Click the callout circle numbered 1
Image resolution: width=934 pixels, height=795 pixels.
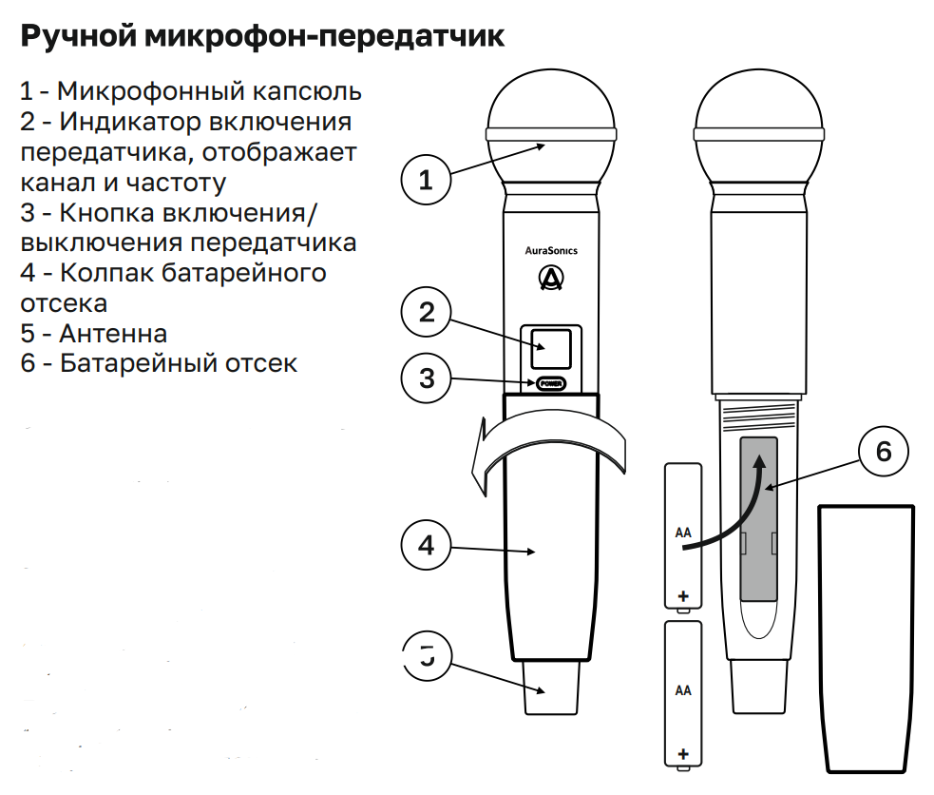click(x=426, y=178)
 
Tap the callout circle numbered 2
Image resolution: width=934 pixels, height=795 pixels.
click(x=426, y=311)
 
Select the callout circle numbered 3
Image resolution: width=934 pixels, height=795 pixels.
click(x=426, y=378)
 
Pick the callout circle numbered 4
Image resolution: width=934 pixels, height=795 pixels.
click(x=426, y=545)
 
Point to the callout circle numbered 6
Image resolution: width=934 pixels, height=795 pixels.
click(x=884, y=452)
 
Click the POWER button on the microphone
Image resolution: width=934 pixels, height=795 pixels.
click(x=550, y=384)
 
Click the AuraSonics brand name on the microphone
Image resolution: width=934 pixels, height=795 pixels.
click(x=551, y=251)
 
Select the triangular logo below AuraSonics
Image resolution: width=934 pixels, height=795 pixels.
click(x=551, y=278)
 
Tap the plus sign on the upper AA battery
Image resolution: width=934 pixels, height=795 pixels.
click(x=683, y=596)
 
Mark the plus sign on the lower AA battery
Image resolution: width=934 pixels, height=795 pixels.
click(x=683, y=753)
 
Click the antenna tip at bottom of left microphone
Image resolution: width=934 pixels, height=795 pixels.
click(x=551, y=689)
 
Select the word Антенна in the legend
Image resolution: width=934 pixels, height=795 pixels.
click(x=113, y=334)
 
